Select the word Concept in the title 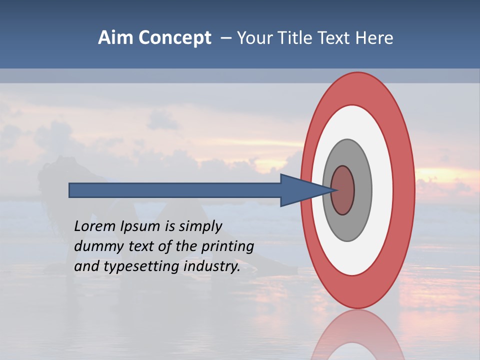pyautogui.click(x=174, y=38)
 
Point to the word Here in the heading pyautogui.click(x=375, y=38)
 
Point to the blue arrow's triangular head pyautogui.click(x=300, y=190)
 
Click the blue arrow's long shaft pyautogui.click(x=175, y=190)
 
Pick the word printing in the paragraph pyautogui.click(x=227, y=247)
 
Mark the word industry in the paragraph pyautogui.click(x=212, y=267)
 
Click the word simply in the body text pyautogui.click(x=200, y=227)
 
